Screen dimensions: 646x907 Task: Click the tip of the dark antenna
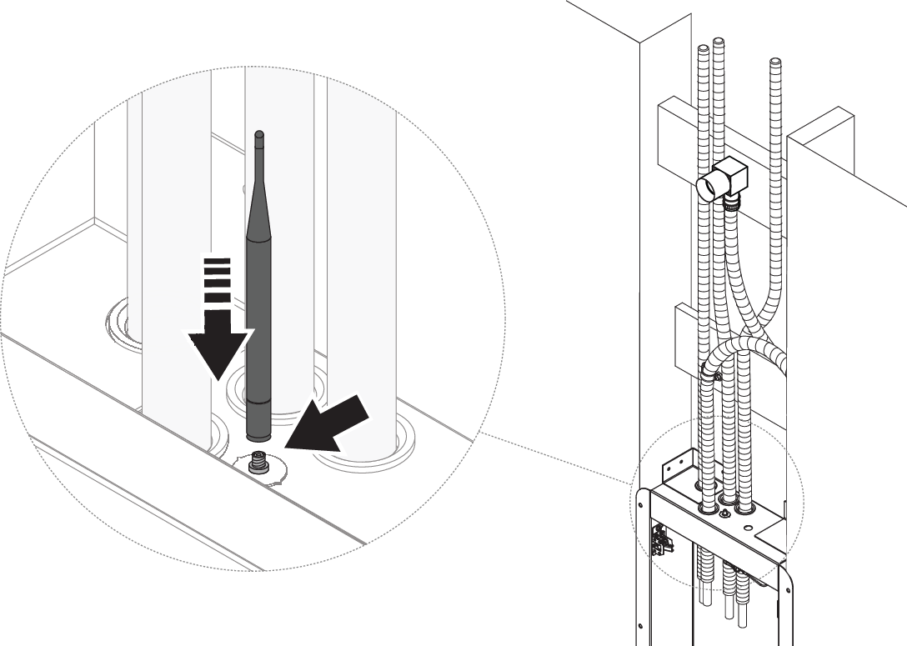[x=259, y=134]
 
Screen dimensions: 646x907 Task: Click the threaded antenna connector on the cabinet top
[x=258, y=461]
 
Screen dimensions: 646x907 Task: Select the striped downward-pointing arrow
[x=218, y=317]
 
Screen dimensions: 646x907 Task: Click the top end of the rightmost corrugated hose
[x=775, y=62]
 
